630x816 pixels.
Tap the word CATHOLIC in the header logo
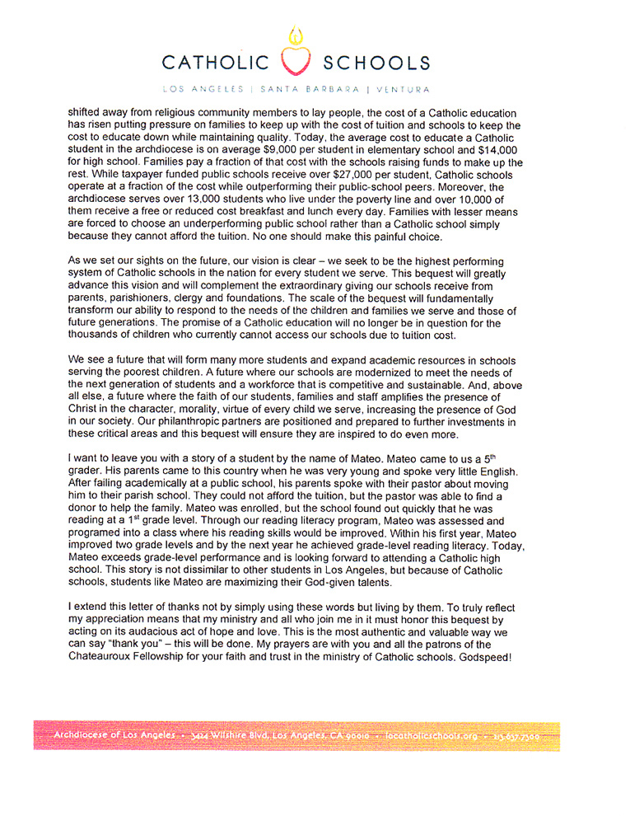pos(216,63)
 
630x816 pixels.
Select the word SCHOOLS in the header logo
pos(376,63)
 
